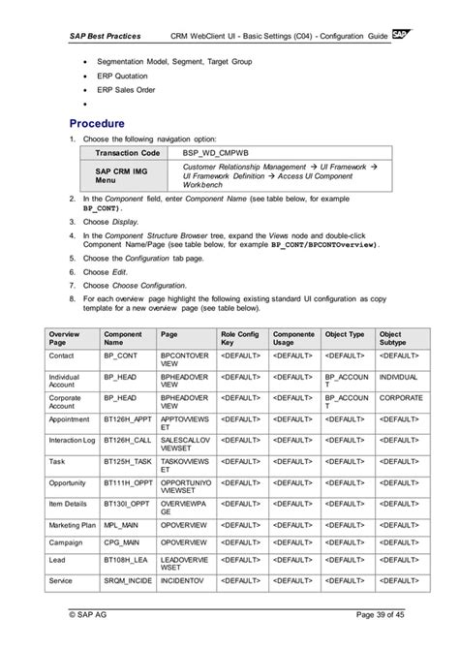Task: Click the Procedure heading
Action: point(97,124)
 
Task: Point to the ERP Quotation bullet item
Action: point(123,77)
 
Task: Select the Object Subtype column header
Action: point(400,338)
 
